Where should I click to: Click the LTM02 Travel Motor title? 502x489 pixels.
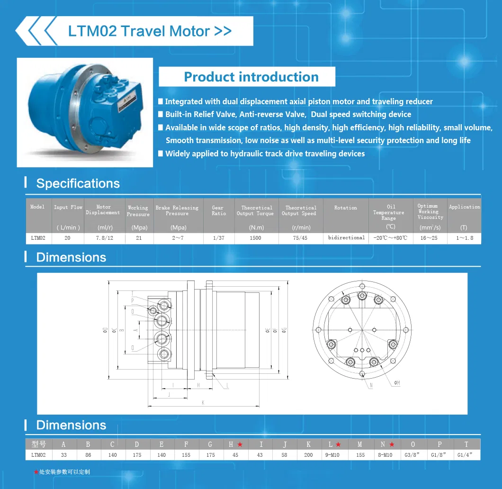pyautogui.click(x=150, y=31)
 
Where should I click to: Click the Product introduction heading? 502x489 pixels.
pyautogui.click(x=251, y=77)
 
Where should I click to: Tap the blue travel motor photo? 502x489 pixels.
pyautogui.click(x=85, y=112)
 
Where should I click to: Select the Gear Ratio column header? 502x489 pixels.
pyautogui.click(x=218, y=211)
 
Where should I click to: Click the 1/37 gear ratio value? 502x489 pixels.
pyautogui.click(x=218, y=238)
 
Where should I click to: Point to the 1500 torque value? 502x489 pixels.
pyautogui.click(x=255, y=238)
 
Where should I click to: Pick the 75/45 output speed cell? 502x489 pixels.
pyautogui.click(x=300, y=238)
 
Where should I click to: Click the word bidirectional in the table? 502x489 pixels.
pyautogui.click(x=346, y=237)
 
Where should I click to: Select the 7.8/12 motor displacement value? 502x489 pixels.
pyautogui.click(x=103, y=238)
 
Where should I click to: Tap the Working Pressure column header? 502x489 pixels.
pyautogui.click(x=138, y=211)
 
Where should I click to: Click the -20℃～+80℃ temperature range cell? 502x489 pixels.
pyautogui.click(x=390, y=238)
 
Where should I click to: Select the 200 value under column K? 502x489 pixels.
pyautogui.click(x=308, y=455)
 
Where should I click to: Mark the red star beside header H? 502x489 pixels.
pyautogui.click(x=240, y=444)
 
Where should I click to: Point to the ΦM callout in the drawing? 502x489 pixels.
pyautogui.click(x=396, y=382)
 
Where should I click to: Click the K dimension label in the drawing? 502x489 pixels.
pyautogui.click(x=203, y=402)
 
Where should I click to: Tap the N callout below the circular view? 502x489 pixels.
pyautogui.click(x=371, y=386)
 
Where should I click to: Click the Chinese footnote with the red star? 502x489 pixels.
pyautogui.click(x=62, y=472)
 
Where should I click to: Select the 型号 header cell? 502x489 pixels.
pyautogui.click(x=38, y=444)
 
